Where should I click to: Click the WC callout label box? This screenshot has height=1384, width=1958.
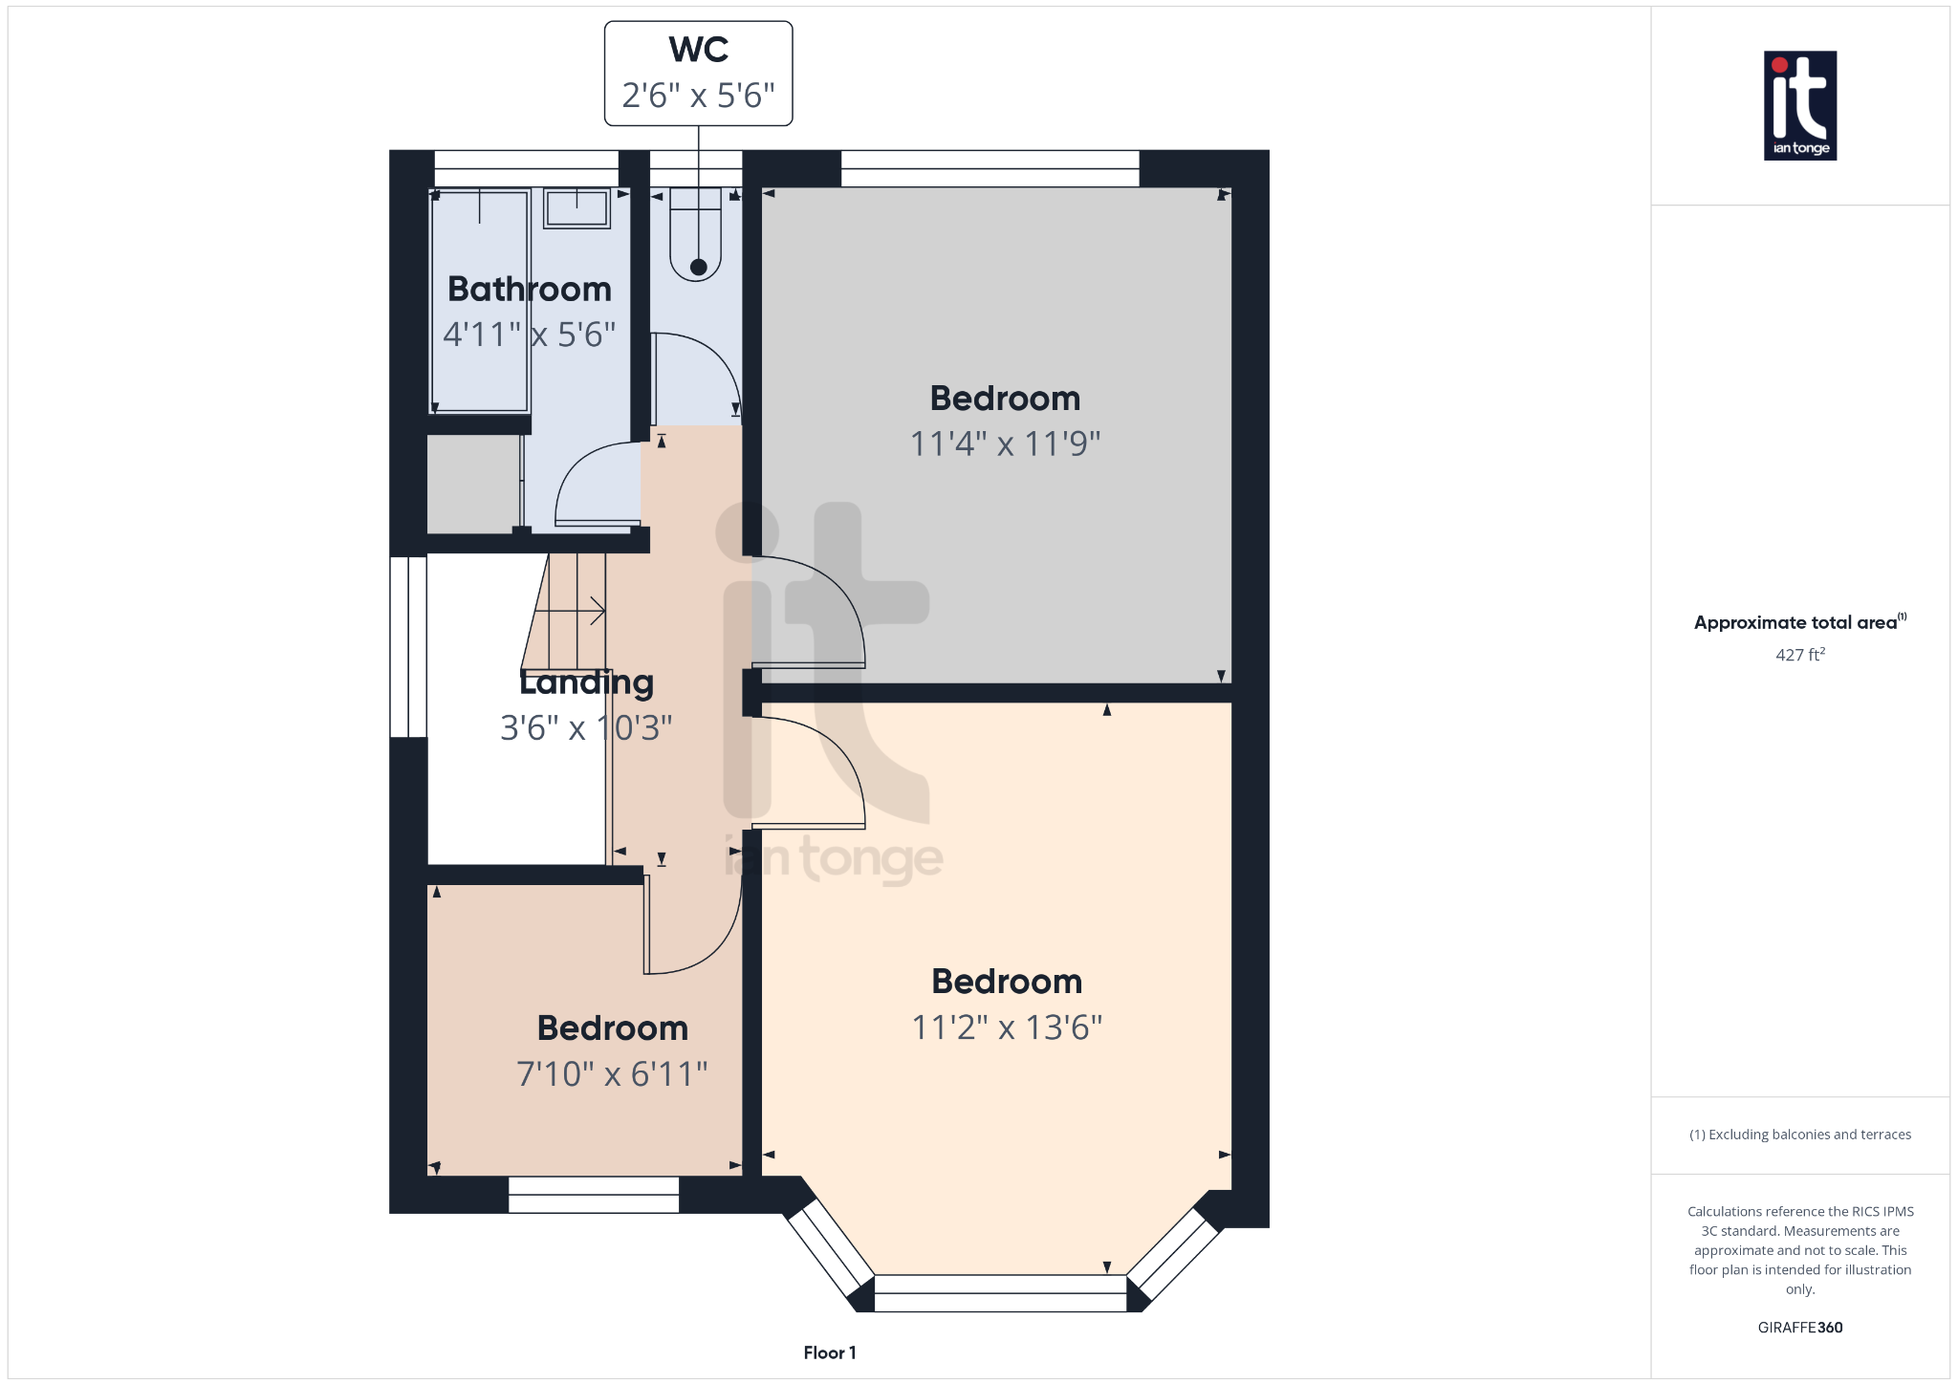click(698, 74)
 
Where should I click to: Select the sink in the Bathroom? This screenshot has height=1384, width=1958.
click(577, 207)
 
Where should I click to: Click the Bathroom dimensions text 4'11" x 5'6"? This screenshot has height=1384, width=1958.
click(529, 335)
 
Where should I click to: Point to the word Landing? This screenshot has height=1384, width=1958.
click(586, 682)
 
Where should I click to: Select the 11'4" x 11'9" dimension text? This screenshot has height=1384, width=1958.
click(1005, 443)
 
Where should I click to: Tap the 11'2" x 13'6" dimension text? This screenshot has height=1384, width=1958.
click(1007, 1027)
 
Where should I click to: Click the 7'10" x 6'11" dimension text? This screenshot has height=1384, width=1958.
click(612, 1073)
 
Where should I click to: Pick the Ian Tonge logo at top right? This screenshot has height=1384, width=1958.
click(1799, 105)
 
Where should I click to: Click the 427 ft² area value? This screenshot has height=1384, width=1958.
click(1799, 655)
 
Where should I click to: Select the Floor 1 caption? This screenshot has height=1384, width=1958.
click(829, 1352)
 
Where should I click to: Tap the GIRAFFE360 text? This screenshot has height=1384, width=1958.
click(1799, 1328)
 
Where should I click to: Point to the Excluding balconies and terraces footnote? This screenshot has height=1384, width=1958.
click(1799, 1135)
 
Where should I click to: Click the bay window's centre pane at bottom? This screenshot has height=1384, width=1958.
click(1000, 1293)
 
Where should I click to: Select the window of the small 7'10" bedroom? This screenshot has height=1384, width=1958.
click(593, 1195)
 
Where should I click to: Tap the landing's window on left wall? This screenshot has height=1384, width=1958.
click(408, 647)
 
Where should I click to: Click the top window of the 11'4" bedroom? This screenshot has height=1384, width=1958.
click(990, 168)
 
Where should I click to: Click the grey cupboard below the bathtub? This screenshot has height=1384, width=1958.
click(473, 484)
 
